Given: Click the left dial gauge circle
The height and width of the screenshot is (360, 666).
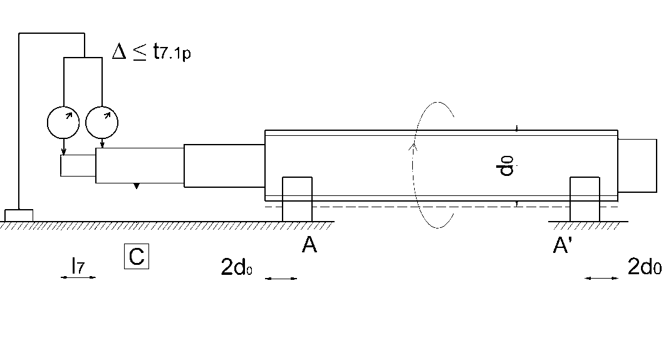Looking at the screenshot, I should pyautogui.click(x=63, y=122).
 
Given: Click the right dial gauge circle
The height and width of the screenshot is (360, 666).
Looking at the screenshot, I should pyautogui.click(x=101, y=122).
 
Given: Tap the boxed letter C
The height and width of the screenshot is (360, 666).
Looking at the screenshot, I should pyautogui.click(x=137, y=257).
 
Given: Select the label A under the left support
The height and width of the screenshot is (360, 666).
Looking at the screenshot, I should pyautogui.click(x=309, y=246).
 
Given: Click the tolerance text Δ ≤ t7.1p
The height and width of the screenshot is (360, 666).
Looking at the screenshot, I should pyautogui.click(x=151, y=52).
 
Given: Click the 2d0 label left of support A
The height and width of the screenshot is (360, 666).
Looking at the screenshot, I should pyautogui.click(x=236, y=268).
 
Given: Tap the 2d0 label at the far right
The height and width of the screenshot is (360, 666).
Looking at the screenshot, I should pyautogui.click(x=644, y=267).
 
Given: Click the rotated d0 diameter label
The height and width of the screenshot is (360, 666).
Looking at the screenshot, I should pyautogui.click(x=509, y=167).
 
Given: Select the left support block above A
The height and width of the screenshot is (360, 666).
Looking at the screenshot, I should pyautogui.click(x=297, y=199).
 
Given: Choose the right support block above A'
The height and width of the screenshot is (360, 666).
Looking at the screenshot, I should pyautogui.click(x=584, y=199).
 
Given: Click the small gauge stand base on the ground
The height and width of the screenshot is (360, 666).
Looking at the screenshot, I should pyautogui.click(x=19, y=215).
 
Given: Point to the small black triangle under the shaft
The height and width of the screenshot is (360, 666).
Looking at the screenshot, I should pyautogui.click(x=137, y=187).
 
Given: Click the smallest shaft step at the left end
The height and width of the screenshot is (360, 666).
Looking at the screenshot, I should pyautogui.click(x=78, y=166).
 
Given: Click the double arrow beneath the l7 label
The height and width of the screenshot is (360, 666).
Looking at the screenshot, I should pyautogui.click(x=78, y=277).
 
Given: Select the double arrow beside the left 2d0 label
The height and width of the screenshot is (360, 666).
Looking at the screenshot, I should pyautogui.click(x=281, y=279).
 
